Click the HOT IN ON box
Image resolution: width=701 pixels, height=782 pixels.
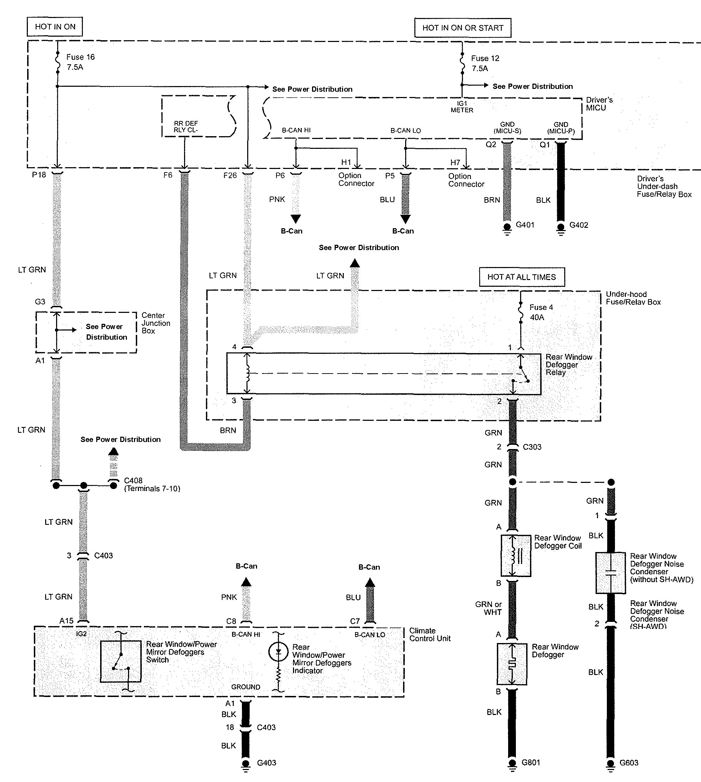55,26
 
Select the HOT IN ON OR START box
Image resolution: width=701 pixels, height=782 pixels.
463,28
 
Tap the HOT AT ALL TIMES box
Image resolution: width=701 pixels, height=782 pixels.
522,277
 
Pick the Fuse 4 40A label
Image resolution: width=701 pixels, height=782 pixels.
541,312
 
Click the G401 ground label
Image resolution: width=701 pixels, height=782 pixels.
525,225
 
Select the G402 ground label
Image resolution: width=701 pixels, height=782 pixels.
579,225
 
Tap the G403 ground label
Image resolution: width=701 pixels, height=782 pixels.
267,763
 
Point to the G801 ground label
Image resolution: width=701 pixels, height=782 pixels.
531,762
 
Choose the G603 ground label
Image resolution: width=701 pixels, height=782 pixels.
629,763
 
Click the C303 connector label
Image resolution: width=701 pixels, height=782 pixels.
532,447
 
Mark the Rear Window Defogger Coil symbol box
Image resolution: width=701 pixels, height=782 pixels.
516,556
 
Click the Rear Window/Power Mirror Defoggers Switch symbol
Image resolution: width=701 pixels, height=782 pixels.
121,661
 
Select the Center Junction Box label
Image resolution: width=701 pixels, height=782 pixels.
156,323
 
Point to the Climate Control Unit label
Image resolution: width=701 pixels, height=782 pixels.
429,635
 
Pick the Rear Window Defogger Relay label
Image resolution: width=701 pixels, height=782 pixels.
568,364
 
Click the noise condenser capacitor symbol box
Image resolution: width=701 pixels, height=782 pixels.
610,572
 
